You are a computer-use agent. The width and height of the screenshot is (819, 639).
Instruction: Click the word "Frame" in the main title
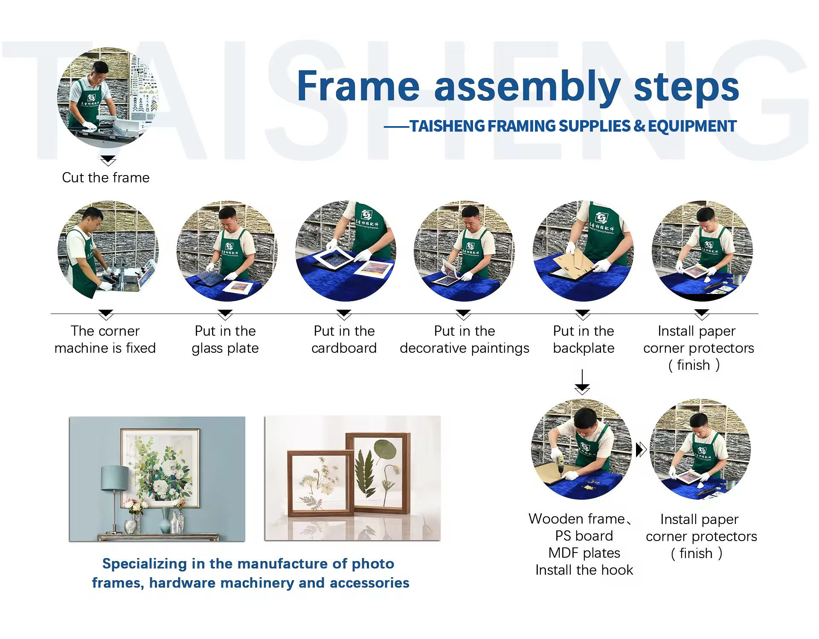[x=358, y=86]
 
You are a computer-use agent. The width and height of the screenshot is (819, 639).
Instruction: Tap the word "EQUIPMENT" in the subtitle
[x=692, y=126]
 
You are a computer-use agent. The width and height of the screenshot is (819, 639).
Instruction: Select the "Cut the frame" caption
[x=106, y=178]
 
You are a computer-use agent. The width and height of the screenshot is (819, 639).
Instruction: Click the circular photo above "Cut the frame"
[x=107, y=98]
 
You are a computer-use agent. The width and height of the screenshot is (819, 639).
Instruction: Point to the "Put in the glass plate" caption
[x=225, y=340]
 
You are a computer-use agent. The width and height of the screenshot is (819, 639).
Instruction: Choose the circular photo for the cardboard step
[x=346, y=251]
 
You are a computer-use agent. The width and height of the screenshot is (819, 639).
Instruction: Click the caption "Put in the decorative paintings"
[x=465, y=340]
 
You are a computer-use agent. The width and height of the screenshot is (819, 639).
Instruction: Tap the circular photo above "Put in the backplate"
[x=583, y=251]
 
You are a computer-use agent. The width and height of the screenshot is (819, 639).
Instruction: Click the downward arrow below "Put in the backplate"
[x=582, y=382]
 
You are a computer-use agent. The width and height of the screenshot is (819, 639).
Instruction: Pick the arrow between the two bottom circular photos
[x=641, y=449]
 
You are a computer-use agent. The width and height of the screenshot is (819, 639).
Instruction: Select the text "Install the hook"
[x=584, y=570]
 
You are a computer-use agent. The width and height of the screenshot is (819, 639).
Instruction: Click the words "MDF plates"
[x=584, y=553]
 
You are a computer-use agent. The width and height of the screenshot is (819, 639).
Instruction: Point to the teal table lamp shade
[x=115, y=478]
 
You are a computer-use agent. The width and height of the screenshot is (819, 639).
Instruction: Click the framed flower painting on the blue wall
[x=160, y=468]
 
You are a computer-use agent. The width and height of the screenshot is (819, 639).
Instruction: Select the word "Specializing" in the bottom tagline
[x=145, y=564]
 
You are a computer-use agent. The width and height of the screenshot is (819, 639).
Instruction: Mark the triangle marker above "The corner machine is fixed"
[x=106, y=314]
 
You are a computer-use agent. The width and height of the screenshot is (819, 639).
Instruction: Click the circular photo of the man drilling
[x=581, y=449]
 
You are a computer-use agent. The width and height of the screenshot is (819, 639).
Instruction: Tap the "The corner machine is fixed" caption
[x=105, y=340]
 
